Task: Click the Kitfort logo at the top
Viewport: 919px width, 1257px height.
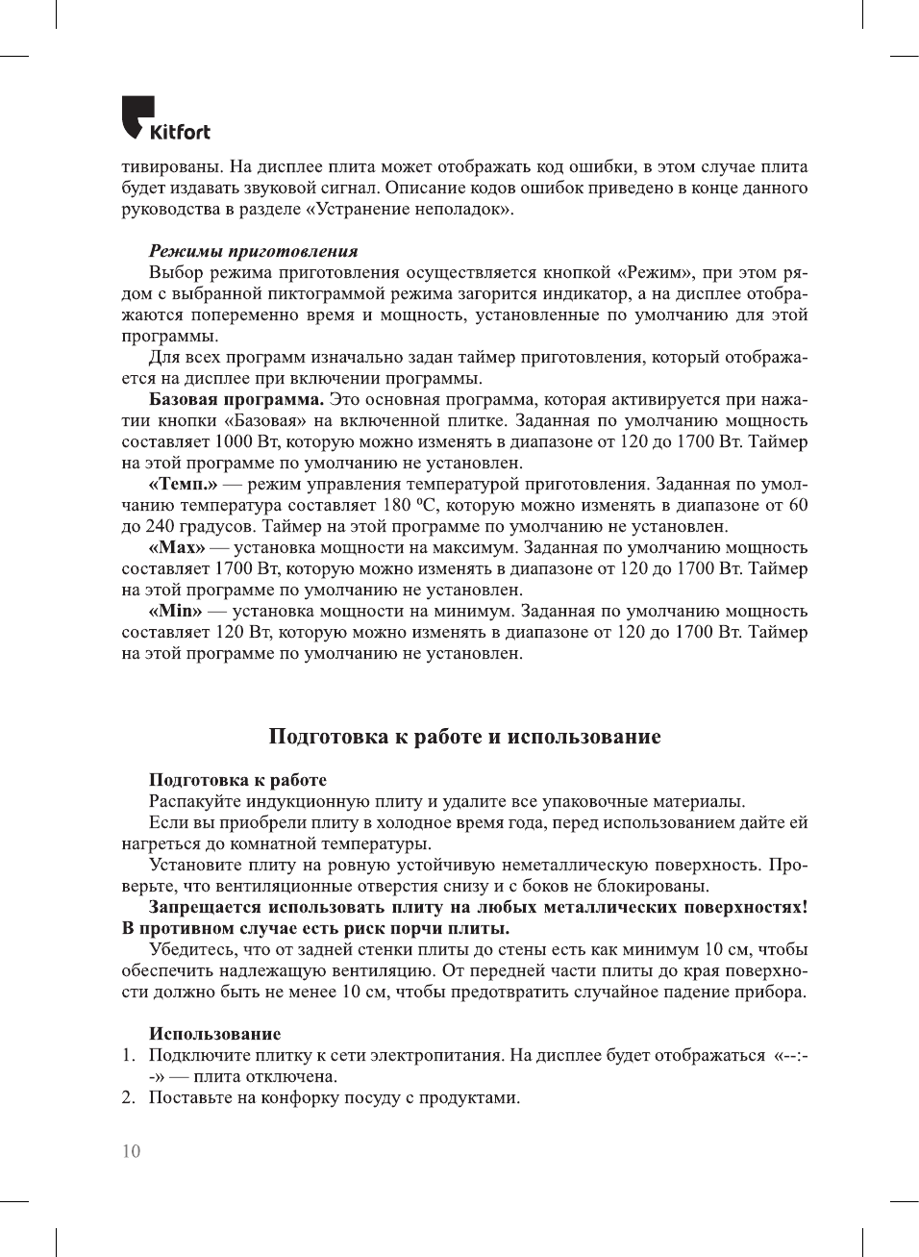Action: pos(165,118)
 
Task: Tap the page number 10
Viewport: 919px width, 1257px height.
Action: pos(131,1151)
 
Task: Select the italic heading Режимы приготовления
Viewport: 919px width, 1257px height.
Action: pos(253,251)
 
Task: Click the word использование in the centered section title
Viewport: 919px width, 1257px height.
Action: pos(584,737)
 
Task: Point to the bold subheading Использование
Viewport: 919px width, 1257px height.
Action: pos(214,1034)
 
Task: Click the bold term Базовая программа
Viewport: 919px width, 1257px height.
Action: pos(236,399)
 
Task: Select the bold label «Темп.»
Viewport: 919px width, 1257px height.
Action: pos(183,484)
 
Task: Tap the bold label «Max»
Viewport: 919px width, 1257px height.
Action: pos(177,547)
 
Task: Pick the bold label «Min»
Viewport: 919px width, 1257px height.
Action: pos(175,611)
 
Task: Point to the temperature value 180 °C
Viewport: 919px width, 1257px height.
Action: pos(410,505)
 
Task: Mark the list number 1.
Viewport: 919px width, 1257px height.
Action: pos(128,1055)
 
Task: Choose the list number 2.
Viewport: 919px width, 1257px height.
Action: pos(128,1097)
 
